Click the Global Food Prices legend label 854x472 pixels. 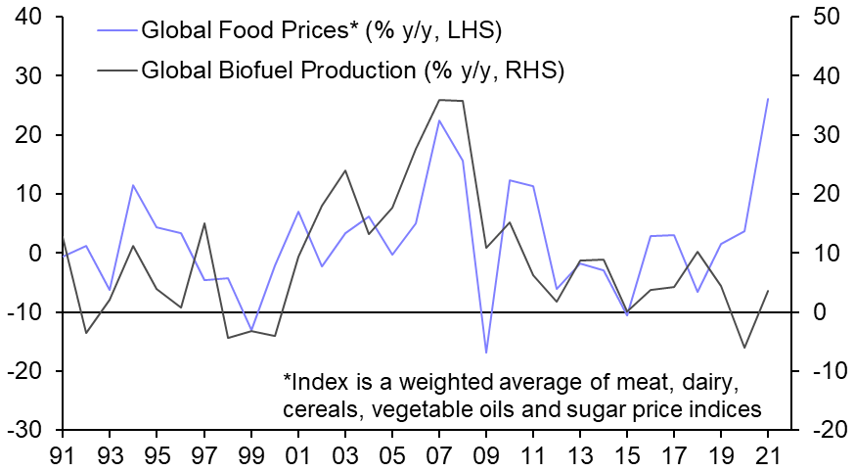click(x=322, y=30)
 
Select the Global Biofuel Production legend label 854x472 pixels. click(x=354, y=70)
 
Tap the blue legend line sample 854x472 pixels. click(x=117, y=30)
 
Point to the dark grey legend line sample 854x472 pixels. click(x=117, y=70)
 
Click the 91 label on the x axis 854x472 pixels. click(x=63, y=454)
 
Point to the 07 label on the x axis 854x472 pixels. click(x=439, y=454)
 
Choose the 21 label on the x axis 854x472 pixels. click(x=769, y=454)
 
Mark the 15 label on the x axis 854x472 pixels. click(x=627, y=454)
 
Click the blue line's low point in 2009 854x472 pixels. click(x=486, y=353)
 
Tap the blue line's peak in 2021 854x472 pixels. click(x=769, y=99)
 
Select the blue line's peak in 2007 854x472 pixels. click(x=439, y=120)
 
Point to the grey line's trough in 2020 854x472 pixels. click(x=745, y=348)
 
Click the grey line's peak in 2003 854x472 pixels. click(x=345, y=170)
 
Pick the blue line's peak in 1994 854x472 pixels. click(x=133, y=185)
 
